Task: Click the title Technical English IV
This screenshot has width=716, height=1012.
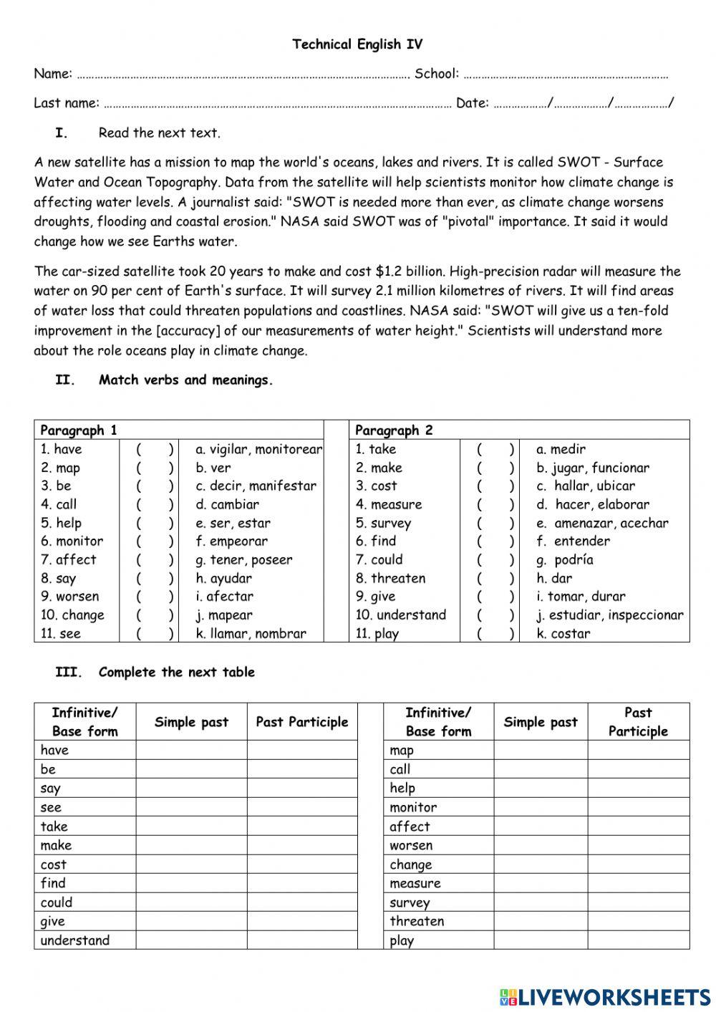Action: [x=357, y=44]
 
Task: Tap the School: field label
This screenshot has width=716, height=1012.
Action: [x=436, y=74]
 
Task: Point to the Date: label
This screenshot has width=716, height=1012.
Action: [x=472, y=103]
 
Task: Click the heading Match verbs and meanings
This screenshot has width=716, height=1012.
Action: [x=186, y=380]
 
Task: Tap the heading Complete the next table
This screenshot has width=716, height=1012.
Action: [x=176, y=672]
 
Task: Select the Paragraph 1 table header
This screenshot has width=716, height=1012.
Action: [x=79, y=430]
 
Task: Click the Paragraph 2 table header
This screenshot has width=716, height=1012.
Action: [x=394, y=430]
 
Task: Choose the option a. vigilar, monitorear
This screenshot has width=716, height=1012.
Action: [x=258, y=450]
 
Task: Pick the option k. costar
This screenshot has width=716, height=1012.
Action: [x=563, y=634]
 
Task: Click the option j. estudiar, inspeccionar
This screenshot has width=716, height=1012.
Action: [x=609, y=615]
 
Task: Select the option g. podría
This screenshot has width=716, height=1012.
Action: [x=564, y=560]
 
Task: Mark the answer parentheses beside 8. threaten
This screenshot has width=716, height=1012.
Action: [x=495, y=579]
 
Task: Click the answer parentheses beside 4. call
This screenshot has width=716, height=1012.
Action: [x=155, y=505]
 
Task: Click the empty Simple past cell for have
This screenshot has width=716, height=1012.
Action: [x=191, y=750]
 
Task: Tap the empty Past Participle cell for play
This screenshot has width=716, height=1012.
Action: [x=638, y=940]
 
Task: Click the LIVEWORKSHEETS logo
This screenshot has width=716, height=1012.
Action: [x=605, y=996]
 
